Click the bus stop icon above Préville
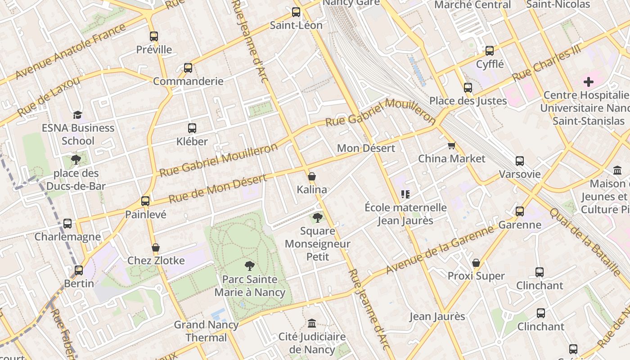coord(154,36)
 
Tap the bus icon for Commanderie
coord(188,68)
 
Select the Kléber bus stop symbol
coord(192,128)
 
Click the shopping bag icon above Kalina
coord(311,176)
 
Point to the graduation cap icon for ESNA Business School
coord(78,115)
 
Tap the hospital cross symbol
coord(588,82)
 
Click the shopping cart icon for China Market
coord(451,145)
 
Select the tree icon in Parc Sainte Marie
coord(249,266)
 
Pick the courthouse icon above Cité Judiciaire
coord(311,324)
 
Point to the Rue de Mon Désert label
coord(218,188)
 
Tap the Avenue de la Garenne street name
coord(440,250)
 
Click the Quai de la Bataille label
coord(585,242)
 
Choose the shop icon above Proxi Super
coord(476,263)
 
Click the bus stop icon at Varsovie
coord(520,161)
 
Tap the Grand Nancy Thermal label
coord(206,331)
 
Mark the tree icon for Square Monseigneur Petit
coord(318,218)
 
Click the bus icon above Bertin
coord(79,270)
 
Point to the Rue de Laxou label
coord(49,96)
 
